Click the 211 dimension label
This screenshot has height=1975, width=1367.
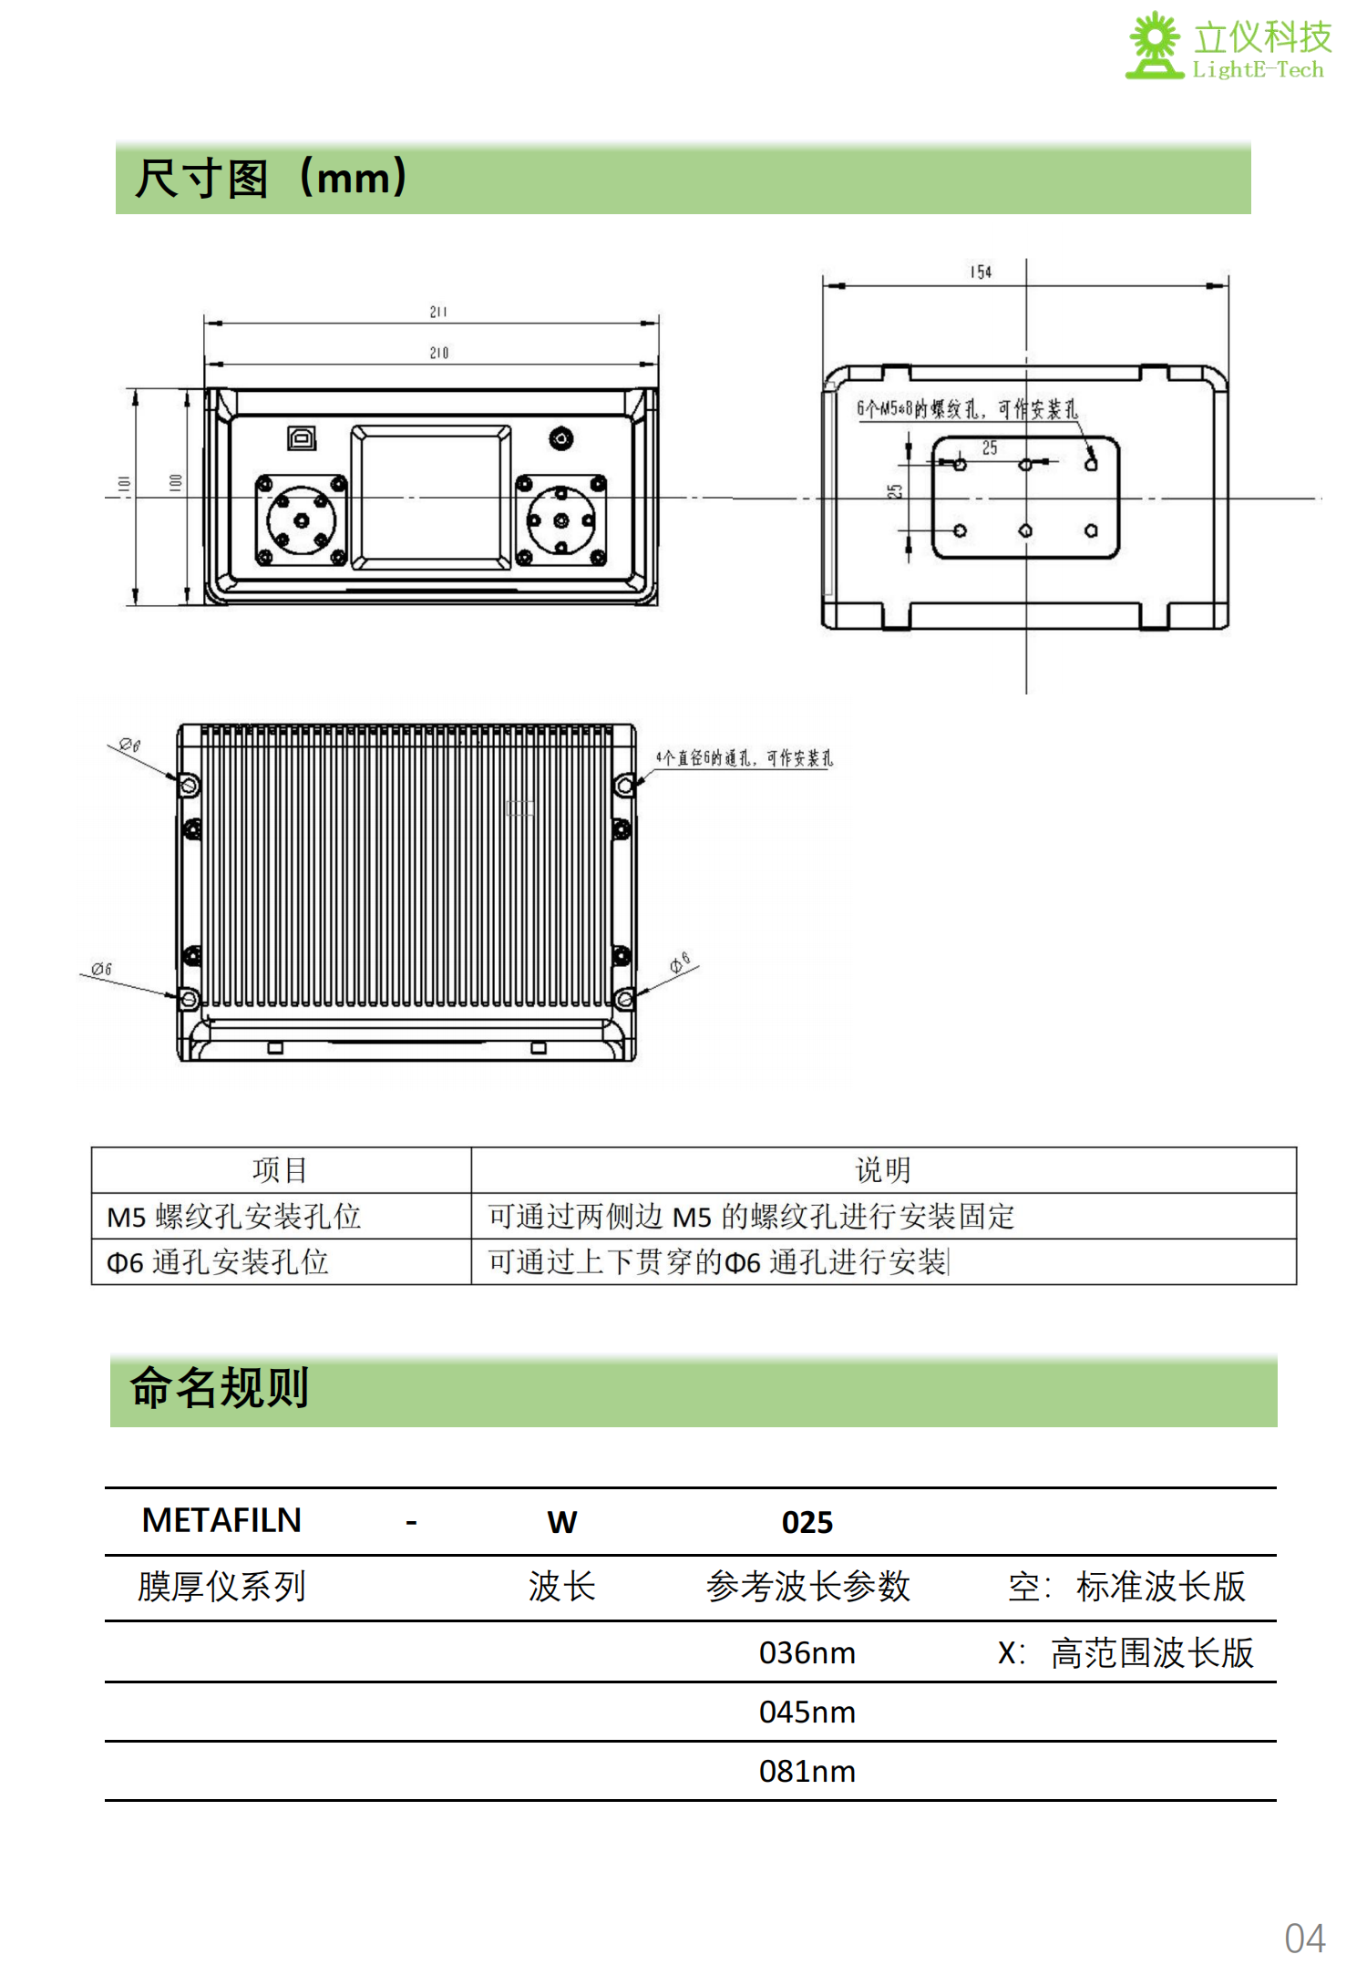[438, 313]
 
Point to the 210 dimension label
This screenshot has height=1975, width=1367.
[438, 353]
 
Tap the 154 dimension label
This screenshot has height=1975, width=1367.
[981, 273]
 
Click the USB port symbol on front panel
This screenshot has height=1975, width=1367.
[302, 438]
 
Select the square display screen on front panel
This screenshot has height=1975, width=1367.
[431, 497]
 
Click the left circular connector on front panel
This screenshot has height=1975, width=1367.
[301, 520]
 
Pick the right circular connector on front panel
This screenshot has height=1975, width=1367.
[561, 520]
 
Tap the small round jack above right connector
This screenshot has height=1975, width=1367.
[561, 439]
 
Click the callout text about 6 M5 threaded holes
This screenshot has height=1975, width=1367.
[966, 409]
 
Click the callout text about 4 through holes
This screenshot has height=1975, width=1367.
[744, 758]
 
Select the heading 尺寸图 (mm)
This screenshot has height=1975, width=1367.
[271, 178]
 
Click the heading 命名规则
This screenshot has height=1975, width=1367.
[220, 1388]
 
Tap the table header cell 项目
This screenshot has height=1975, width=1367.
[280, 1169]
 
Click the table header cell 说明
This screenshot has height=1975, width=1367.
[882, 1169]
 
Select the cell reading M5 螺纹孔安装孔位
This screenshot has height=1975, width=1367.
[234, 1217]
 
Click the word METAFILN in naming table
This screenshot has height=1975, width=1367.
[221, 1520]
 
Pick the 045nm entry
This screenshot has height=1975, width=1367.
[807, 1712]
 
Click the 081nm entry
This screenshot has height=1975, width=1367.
[807, 1771]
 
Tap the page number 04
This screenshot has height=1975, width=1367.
[1304, 1938]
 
